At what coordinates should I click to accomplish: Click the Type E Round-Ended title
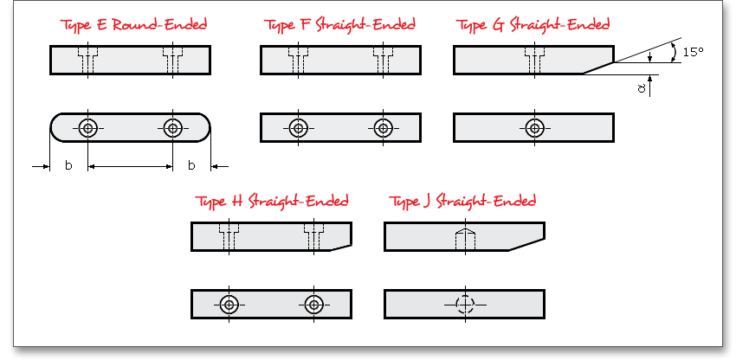[133, 25]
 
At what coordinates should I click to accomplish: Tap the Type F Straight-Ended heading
[339, 25]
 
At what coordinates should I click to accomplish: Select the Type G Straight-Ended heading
[533, 25]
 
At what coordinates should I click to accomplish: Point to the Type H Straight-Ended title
[272, 202]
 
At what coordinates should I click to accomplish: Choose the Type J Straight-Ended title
[462, 202]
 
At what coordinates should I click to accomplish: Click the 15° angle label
[694, 52]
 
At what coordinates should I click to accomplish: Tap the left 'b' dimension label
[68, 165]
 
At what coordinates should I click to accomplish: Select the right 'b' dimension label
[191, 165]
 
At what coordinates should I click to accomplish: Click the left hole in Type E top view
[87, 128]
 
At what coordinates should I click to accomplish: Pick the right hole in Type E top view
[172, 128]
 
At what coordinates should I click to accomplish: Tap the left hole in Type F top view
[299, 128]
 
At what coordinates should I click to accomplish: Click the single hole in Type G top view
[534, 128]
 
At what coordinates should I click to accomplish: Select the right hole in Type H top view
[314, 305]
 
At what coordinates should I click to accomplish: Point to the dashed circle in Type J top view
[465, 305]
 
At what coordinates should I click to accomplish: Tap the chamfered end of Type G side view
[598, 68]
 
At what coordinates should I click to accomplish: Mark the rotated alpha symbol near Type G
[642, 87]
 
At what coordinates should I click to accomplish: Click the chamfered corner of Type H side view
[341, 247]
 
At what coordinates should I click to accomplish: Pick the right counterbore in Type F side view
[384, 60]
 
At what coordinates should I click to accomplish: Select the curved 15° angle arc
[674, 52]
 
